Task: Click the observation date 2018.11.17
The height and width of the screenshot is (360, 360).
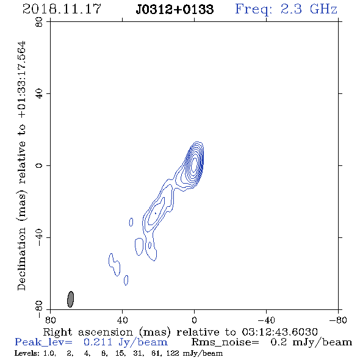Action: pos(62,9)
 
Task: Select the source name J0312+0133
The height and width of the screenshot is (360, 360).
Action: pos(175,9)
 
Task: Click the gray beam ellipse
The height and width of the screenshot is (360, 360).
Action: pos(71,299)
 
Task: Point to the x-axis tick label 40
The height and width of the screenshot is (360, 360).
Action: pos(123,320)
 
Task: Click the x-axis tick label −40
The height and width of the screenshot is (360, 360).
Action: pos(266,320)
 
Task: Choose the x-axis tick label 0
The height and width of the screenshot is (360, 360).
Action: pos(194,320)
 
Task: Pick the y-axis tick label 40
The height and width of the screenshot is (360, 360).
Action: pos(39,93)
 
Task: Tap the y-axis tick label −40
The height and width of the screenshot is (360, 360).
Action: pos(39,237)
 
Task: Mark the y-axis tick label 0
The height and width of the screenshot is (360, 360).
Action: pos(39,165)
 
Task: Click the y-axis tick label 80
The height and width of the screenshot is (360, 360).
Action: pos(39,22)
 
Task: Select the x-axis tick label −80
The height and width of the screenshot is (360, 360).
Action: pos(338,320)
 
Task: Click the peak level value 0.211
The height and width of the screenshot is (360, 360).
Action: pos(98,342)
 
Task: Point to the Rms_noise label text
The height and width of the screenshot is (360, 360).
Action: pos(225,342)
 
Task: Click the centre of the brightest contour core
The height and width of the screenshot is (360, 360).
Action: pos(195,164)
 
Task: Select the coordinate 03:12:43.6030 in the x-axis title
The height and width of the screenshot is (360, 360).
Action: pos(279,332)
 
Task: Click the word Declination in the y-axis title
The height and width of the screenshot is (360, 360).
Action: pos(21,259)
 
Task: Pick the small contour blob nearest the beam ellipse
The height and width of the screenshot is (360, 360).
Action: pos(126,280)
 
